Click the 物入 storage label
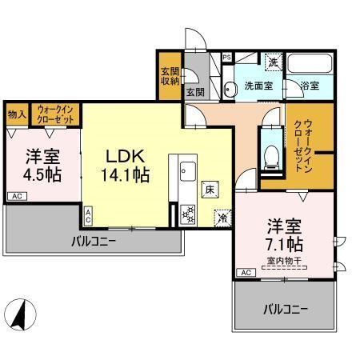click(x=18, y=114)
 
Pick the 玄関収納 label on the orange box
click(x=169, y=75)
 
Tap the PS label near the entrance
click(x=226, y=58)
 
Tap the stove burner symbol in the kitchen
click(x=189, y=214)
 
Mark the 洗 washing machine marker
click(x=272, y=62)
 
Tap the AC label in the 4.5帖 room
click(x=15, y=195)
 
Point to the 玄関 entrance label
click(x=195, y=92)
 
